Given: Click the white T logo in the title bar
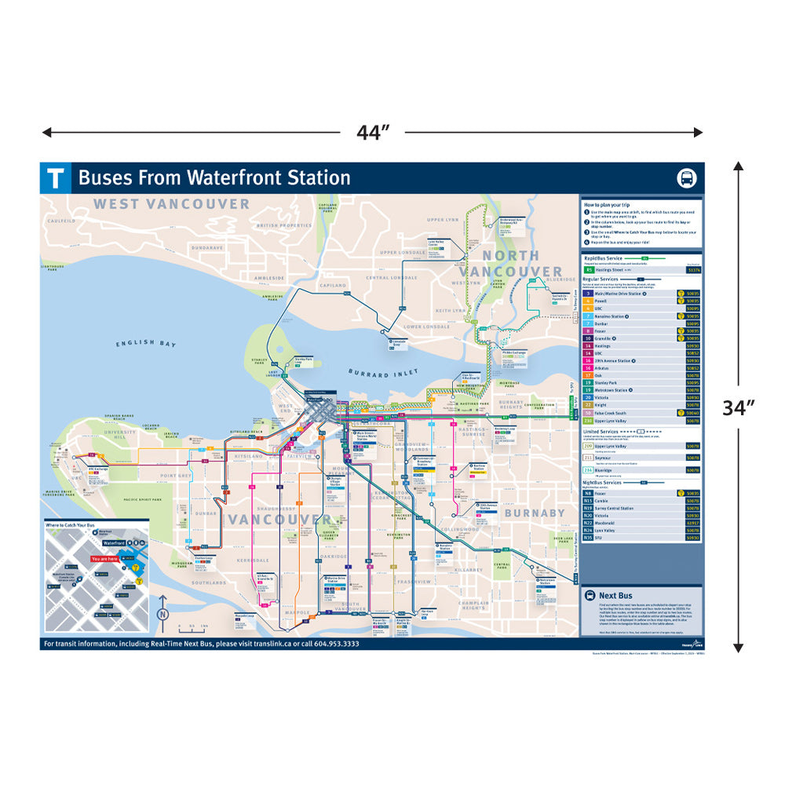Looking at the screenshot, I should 55,178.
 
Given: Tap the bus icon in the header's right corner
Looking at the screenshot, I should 686,178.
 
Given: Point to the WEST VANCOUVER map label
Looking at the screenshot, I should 171,204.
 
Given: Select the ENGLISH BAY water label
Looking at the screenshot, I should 146,344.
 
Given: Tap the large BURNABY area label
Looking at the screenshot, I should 534,513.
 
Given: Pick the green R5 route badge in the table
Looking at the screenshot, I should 589,269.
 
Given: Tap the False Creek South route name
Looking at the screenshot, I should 611,412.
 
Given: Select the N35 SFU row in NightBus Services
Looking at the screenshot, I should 601,538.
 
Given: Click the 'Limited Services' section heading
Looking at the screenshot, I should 604,432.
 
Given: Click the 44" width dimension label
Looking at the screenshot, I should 372,133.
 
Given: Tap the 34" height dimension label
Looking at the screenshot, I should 738,407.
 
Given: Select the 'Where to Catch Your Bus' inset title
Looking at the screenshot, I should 70,524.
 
